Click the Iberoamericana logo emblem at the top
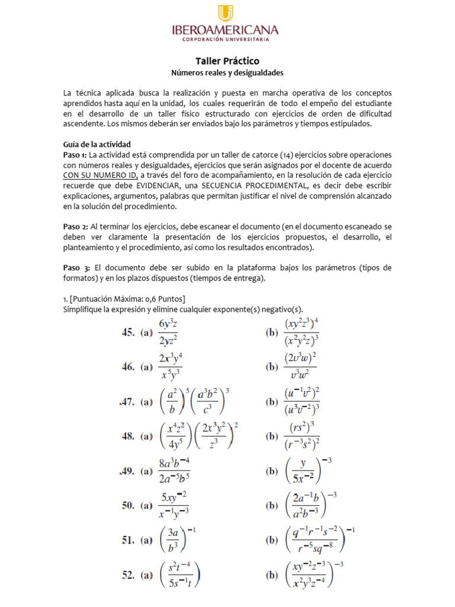[227, 13]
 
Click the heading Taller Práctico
[227, 61]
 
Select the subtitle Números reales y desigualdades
[227, 73]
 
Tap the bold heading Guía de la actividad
[97, 144]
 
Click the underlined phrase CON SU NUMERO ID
[100, 175]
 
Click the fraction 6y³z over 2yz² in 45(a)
[169, 333]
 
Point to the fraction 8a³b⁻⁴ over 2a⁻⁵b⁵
[174, 470]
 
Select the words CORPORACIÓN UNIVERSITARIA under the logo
[227, 40]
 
